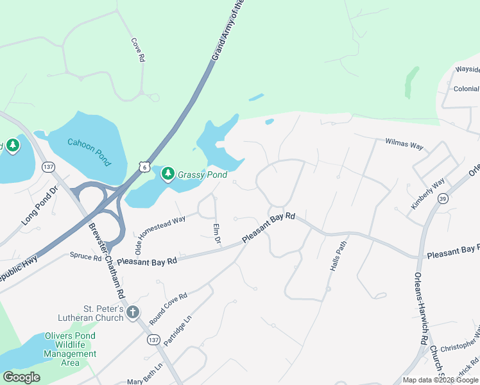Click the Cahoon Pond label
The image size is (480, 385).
[x=89, y=151]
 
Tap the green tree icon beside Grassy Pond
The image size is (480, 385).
[x=168, y=173]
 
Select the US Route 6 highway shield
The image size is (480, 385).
[x=146, y=166]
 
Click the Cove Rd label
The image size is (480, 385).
[x=138, y=49]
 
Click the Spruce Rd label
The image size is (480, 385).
[x=86, y=257]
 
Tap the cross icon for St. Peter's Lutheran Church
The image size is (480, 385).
[x=133, y=312]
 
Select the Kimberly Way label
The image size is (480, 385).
[x=428, y=194]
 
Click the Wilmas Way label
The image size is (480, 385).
[x=404, y=144]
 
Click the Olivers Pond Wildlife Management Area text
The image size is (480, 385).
[x=70, y=350]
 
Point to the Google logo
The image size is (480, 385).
[x=21, y=377]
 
